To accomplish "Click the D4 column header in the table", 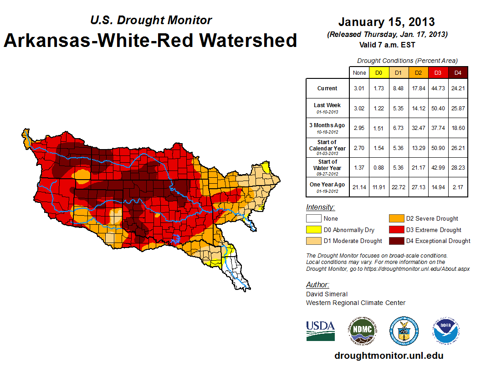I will coord(458,72).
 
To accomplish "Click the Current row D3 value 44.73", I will coord(438,88).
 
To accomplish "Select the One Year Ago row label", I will coord(327,186).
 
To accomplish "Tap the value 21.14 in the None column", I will coord(359,187).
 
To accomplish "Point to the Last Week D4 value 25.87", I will coord(458,108).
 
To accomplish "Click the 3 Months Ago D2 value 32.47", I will coord(418,128).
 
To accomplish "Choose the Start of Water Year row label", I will coord(327,167).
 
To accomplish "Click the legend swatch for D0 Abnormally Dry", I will coord(313,230).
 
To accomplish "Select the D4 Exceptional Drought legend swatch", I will coord(395,241).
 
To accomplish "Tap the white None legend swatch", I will coord(313,219).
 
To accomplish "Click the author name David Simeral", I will coord(327,294).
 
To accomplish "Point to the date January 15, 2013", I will coord(386,22).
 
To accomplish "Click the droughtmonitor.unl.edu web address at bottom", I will coord(389,356).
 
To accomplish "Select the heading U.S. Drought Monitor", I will coord(151,21).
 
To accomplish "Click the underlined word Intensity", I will coord(320,207).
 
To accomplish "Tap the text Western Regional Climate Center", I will coord(355,303).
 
